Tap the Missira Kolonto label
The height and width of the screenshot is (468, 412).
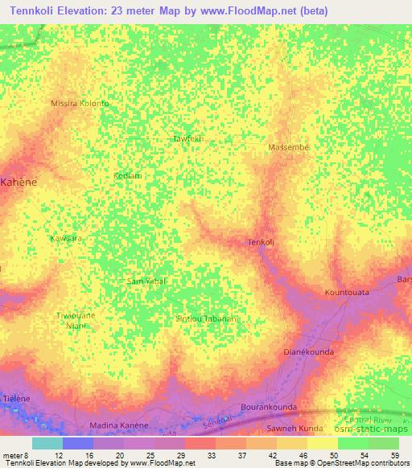[x=80, y=104]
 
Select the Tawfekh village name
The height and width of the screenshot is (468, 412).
[x=189, y=139]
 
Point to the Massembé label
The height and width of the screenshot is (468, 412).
[x=288, y=148]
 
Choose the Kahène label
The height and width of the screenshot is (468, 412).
[x=19, y=183]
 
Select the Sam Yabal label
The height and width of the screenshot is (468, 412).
[x=146, y=281]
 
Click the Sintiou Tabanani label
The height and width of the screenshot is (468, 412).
[x=207, y=319]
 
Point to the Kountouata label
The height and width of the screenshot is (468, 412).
[x=347, y=292]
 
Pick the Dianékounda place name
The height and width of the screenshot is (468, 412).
[x=309, y=352]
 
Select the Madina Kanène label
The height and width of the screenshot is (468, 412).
[x=117, y=425]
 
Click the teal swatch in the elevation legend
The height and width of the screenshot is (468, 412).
[x=47, y=443]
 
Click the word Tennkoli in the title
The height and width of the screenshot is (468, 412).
[x=34, y=10]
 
